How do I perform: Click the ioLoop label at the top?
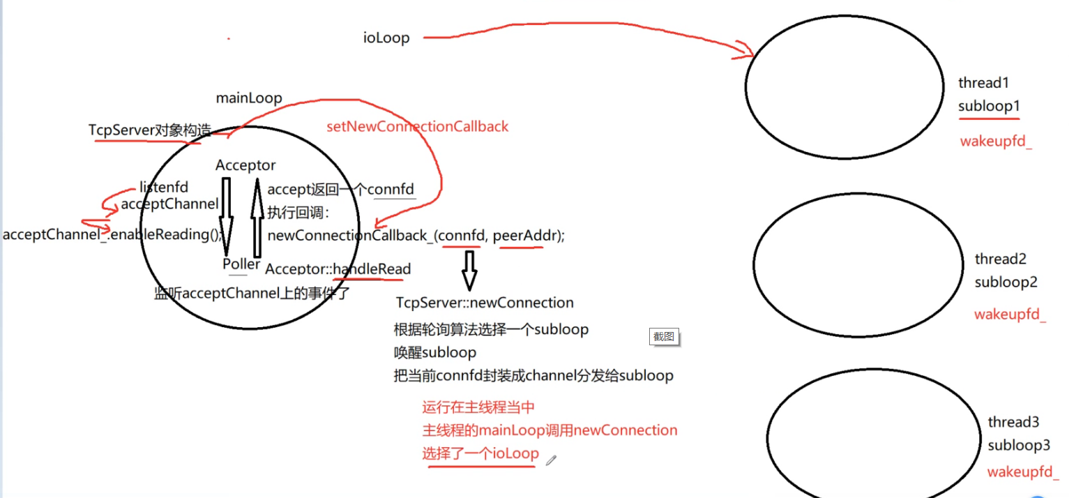coord(386,38)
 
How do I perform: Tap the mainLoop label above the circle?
coord(249,98)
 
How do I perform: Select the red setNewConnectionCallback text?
coord(417,126)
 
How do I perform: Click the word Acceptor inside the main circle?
coord(245,165)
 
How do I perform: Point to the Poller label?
coord(241,264)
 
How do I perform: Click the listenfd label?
coord(164,187)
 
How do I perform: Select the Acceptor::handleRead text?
coord(338,269)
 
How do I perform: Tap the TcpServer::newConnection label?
coord(485,303)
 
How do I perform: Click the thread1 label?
coord(983,83)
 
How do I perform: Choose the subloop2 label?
coord(1006,282)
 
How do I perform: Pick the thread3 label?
coord(1013,422)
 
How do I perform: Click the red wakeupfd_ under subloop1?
coord(996,142)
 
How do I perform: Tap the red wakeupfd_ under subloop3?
coord(1022,471)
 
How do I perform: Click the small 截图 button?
coord(664,336)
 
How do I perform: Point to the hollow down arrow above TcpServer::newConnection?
coord(469,271)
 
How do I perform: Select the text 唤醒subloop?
coord(435,352)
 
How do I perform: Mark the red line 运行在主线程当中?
coord(478,407)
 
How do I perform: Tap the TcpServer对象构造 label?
coord(150,130)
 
